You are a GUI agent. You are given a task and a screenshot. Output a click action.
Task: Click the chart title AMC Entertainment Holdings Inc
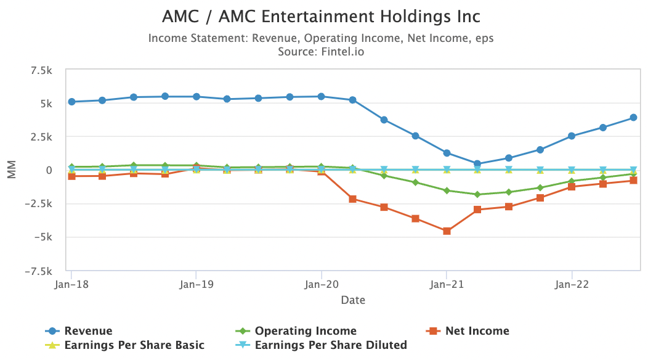click(321, 16)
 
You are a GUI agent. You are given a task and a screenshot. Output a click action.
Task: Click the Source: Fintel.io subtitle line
click(321, 52)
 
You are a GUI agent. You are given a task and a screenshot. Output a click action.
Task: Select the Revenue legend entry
click(88, 331)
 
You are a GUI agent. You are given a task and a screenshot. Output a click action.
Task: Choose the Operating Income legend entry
click(306, 331)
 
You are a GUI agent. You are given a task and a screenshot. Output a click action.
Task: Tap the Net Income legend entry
click(477, 331)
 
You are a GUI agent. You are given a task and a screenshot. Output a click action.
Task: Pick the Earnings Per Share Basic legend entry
click(134, 345)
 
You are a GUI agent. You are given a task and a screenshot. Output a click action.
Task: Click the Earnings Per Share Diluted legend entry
click(331, 345)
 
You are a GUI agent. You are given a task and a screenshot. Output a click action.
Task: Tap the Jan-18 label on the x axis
click(71, 285)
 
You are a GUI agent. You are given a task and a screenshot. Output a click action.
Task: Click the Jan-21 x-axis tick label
click(447, 285)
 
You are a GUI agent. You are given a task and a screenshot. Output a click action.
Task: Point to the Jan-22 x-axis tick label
click(572, 285)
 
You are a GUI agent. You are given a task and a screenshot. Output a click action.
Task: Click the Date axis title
click(353, 300)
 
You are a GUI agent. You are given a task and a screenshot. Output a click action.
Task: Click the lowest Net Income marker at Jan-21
click(447, 231)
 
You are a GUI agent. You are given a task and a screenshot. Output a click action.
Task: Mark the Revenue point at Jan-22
click(572, 136)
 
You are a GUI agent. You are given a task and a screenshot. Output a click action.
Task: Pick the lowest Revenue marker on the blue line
click(478, 164)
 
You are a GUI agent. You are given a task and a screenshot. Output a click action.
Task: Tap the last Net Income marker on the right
click(633, 181)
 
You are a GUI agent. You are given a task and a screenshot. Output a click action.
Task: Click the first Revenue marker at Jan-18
click(71, 102)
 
